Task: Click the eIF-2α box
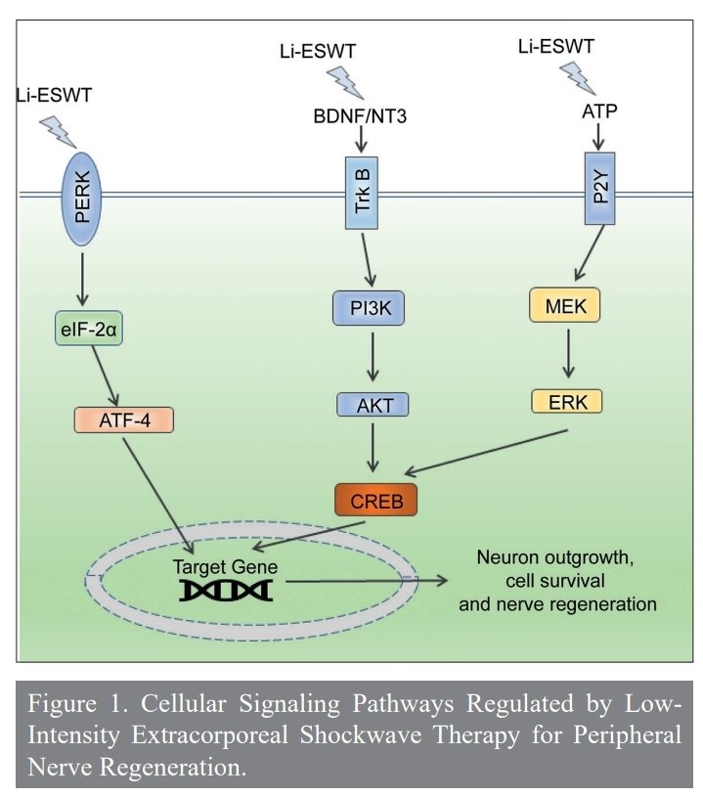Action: [x=86, y=331]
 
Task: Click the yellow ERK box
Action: [x=567, y=401]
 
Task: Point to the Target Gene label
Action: [x=226, y=564]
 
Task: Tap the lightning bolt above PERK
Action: [x=59, y=128]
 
